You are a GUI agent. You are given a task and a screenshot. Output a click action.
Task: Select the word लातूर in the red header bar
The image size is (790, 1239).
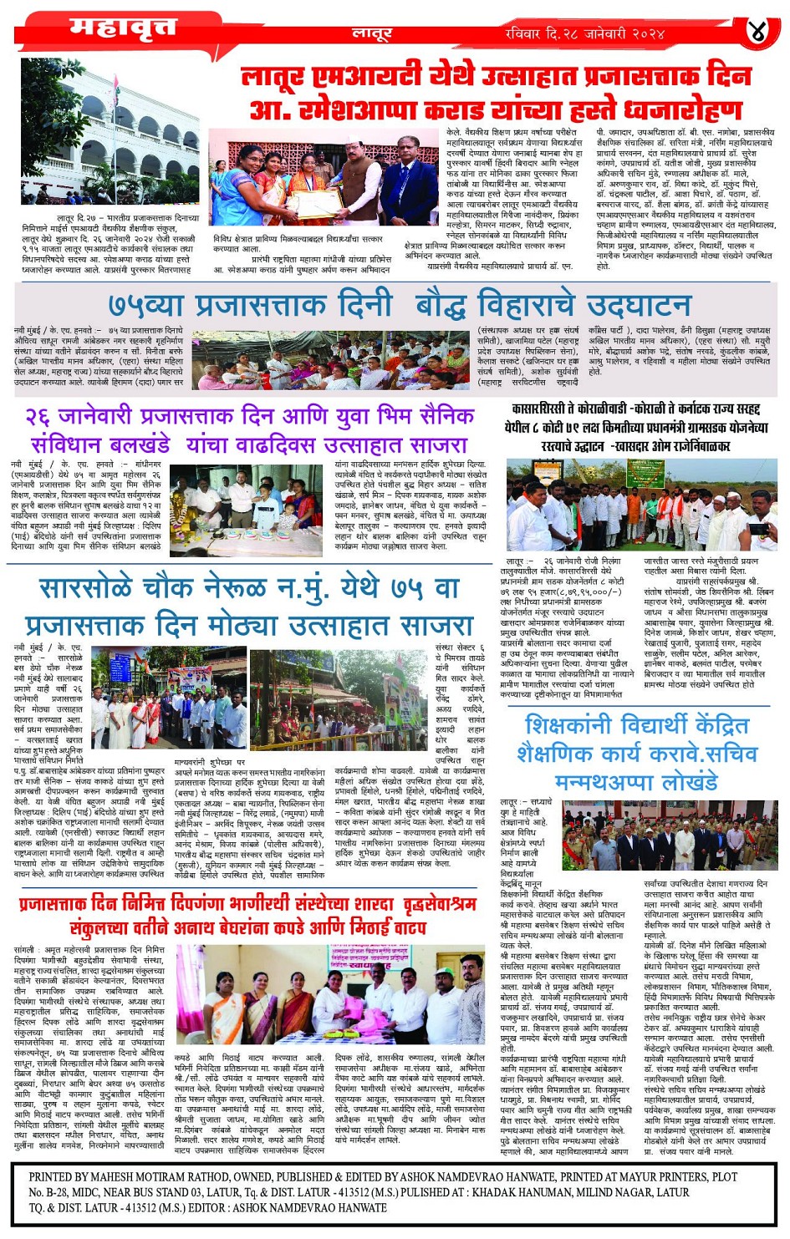(372, 34)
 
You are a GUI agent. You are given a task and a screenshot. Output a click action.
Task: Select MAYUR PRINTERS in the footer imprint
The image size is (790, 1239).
(657, 1176)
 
